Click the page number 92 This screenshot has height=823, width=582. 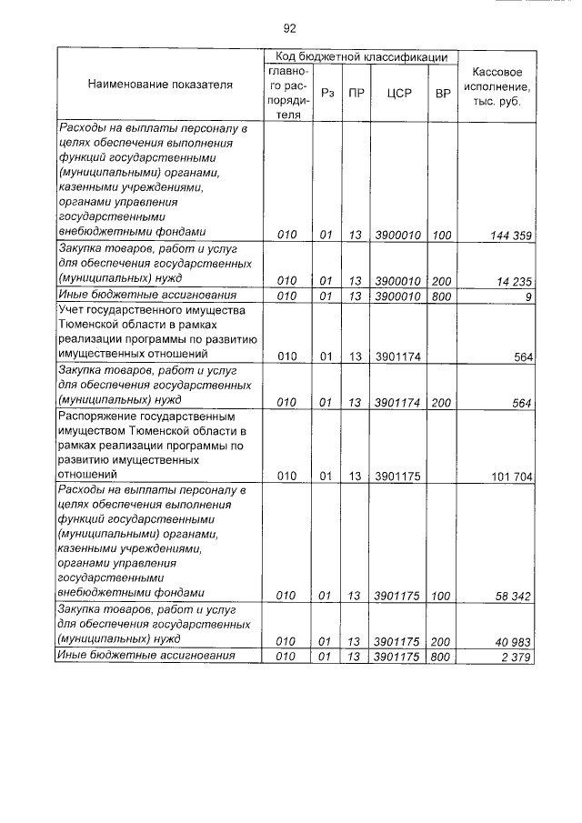click(290, 28)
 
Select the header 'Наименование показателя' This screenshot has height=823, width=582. click(160, 85)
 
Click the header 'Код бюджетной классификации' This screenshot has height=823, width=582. click(362, 56)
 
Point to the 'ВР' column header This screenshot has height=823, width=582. click(443, 93)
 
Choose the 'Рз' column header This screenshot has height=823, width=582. click(326, 93)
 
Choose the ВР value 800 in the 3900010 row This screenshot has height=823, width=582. click(442, 296)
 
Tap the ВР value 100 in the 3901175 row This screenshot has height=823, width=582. click(442, 596)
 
